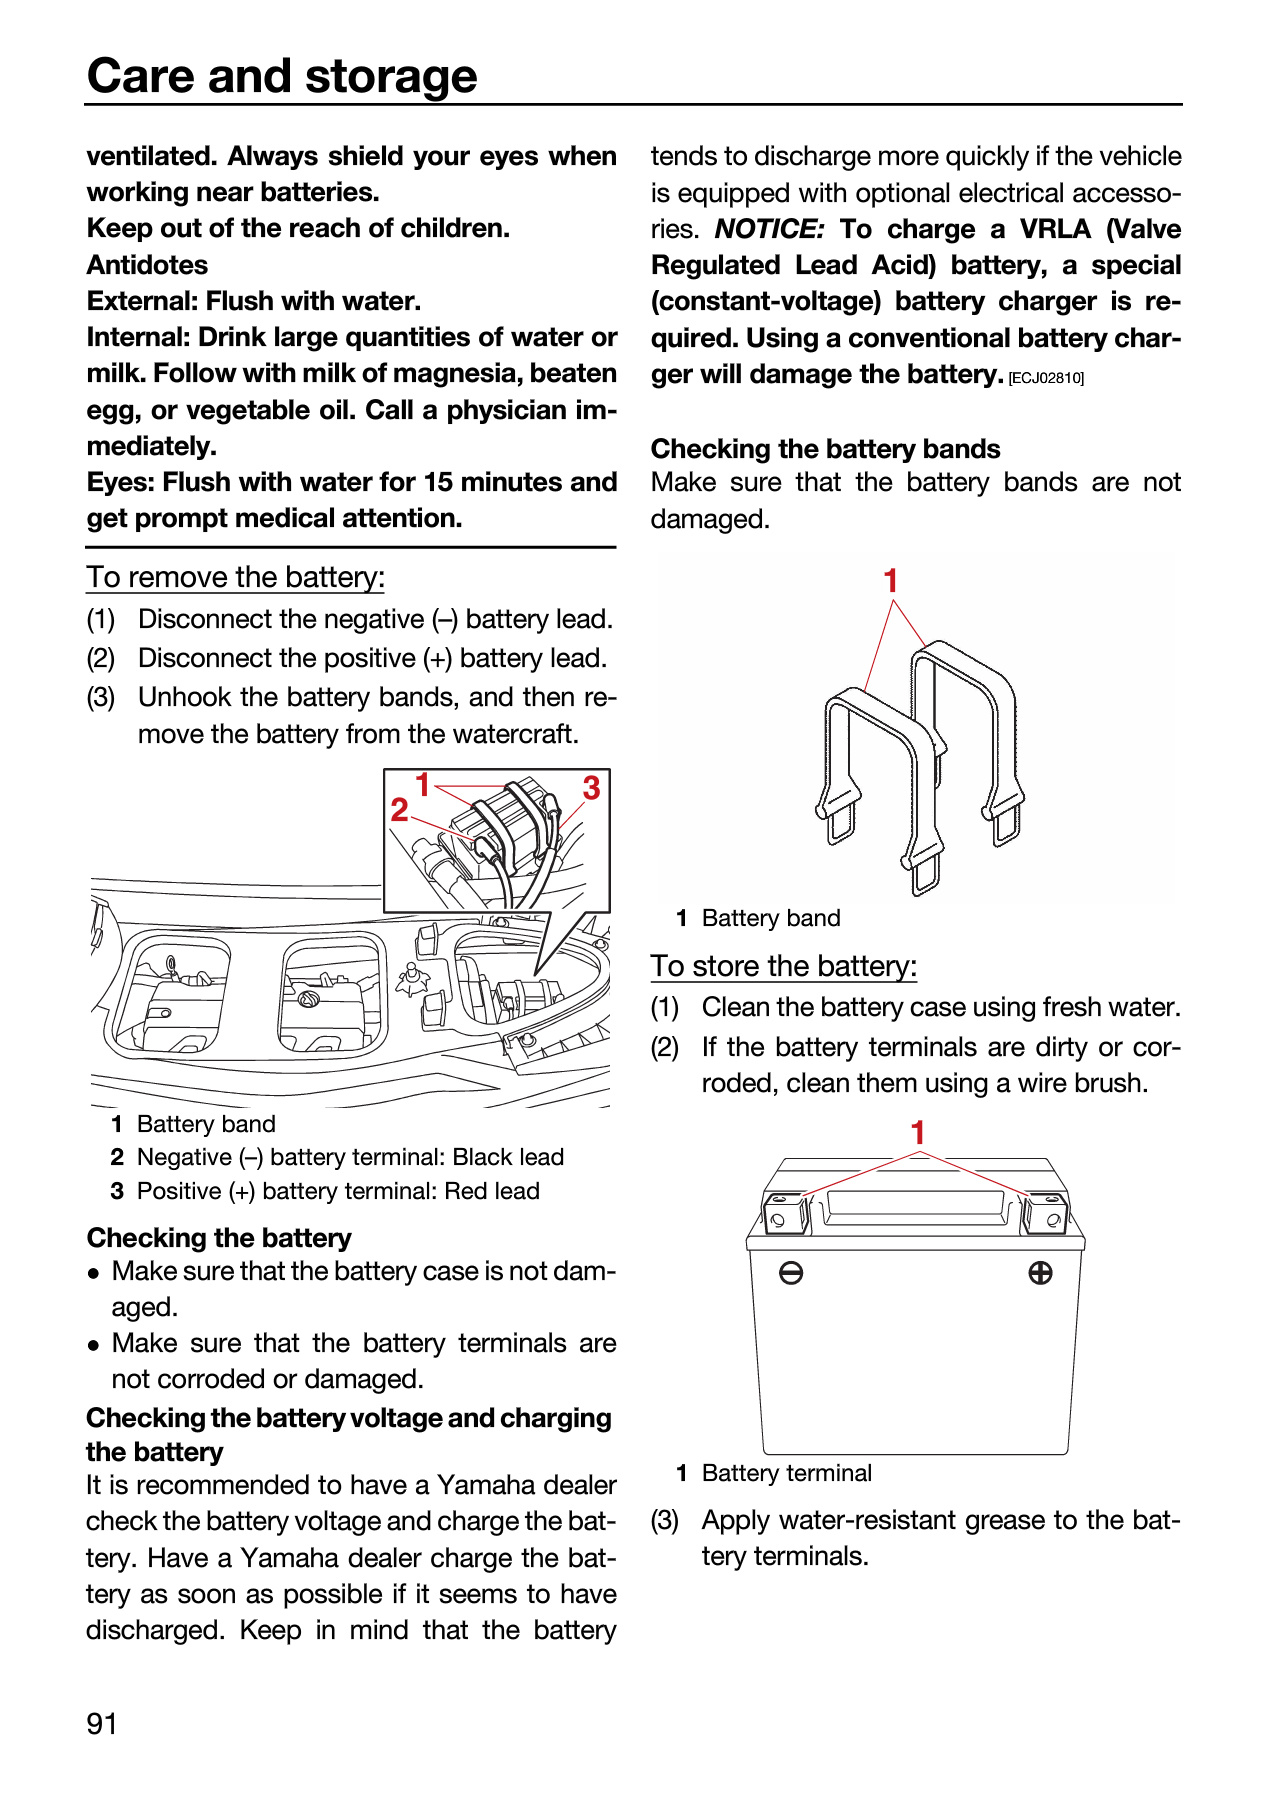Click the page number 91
pyautogui.click(x=102, y=1723)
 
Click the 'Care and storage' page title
pyautogui.click(x=282, y=76)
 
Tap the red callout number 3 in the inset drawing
pyautogui.click(x=591, y=788)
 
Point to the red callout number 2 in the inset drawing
pyautogui.click(x=399, y=809)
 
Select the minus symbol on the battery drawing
pyautogui.click(x=791, y=1273)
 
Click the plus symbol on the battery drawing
pyautogui.click(x=1040, y=1273)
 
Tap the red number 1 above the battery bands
pyautogui.click(x=890, y=581)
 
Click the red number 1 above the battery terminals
pyautogui.click(x=918, y=1133)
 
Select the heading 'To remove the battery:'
pyautogui.click(x=235, y=578)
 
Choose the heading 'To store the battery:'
pyautogui.click(x=783, y=966)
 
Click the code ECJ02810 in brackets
pyautogui.click(x=1046, y=378)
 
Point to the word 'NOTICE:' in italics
pyautogui.click(x=769, y=229)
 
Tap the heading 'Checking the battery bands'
pyautogui.click(x=825, y=449)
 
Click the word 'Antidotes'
pyautogui.click(x=147, y=265)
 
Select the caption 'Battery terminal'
pyautogui.click(x=786, y=1473)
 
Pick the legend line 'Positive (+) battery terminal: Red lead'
pyautogui.click(x=338, y=1191)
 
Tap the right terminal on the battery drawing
pyautogui.click(x=1046, y=1212)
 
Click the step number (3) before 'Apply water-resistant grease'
pyautogui.click(x=665, y=1521)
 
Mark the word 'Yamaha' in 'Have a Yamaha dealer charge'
pyautogui.click(x=288, y=1558)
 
